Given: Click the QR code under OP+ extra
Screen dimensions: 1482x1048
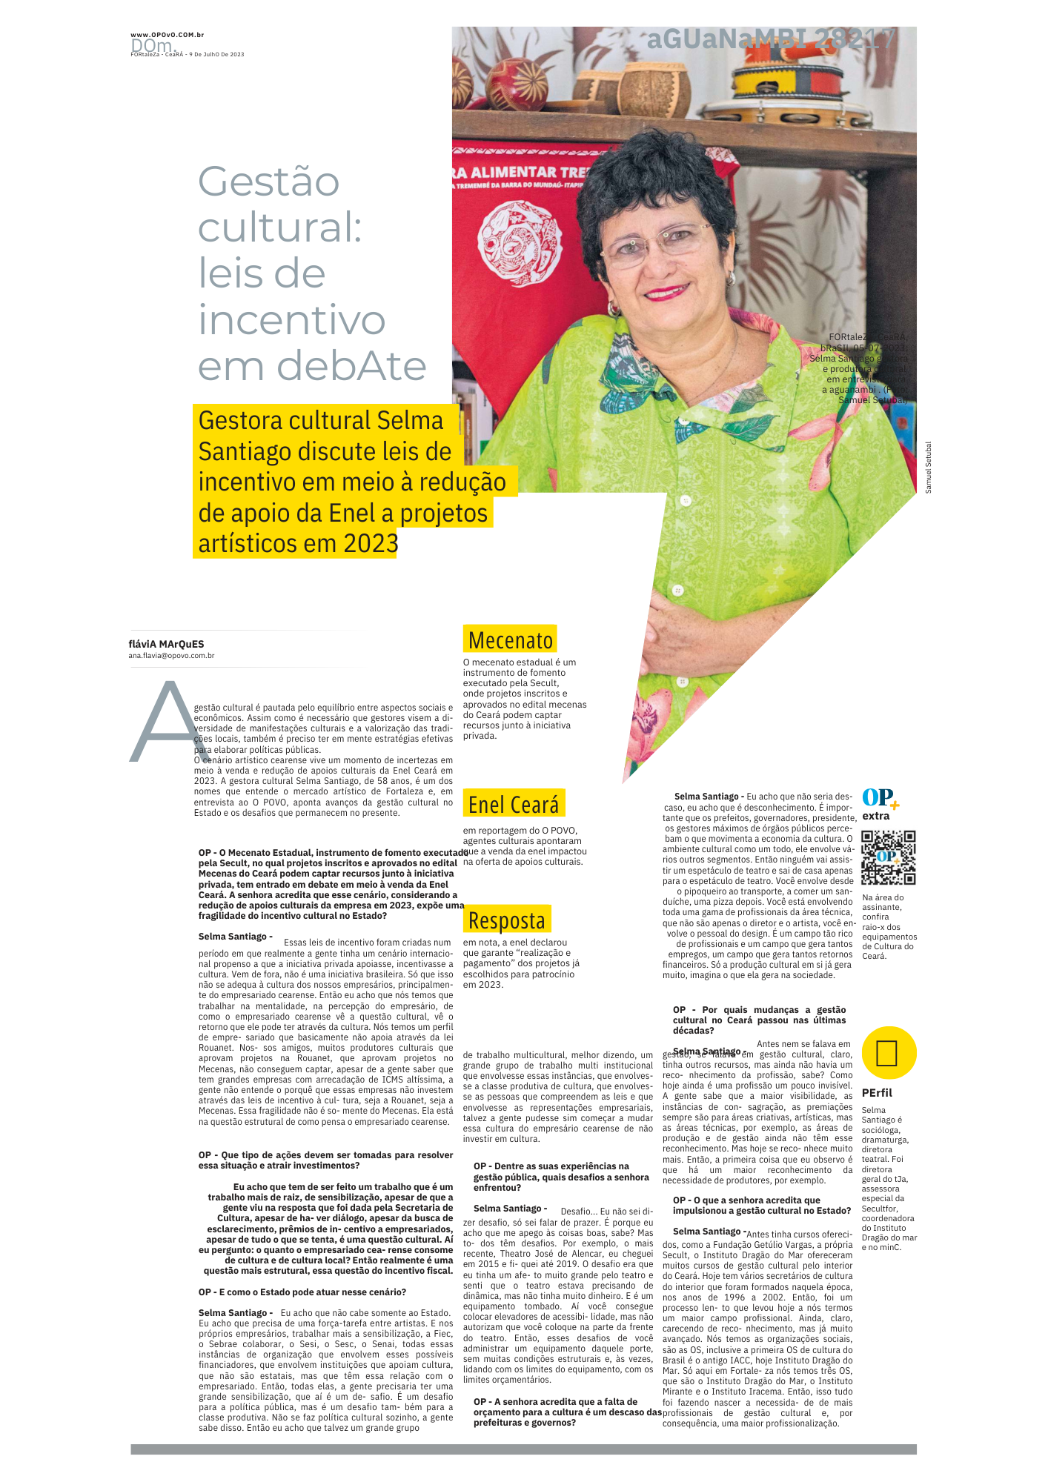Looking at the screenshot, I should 888,857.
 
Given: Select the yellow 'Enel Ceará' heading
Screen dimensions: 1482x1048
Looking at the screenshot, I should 513,805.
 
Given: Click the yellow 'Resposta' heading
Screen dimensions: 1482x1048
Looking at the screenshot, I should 506,920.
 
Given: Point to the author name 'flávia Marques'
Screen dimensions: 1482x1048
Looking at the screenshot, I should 166,644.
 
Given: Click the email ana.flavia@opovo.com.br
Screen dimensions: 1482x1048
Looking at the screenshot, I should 171,656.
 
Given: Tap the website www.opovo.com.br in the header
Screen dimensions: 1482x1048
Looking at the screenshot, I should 167,35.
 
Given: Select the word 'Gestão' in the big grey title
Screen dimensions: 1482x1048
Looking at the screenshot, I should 268,182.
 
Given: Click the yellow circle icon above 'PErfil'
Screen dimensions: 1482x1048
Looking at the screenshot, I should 889,1053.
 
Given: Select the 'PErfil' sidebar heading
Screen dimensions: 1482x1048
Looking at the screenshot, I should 877,1093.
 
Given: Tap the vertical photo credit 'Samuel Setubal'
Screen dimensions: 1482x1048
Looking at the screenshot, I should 928,468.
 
